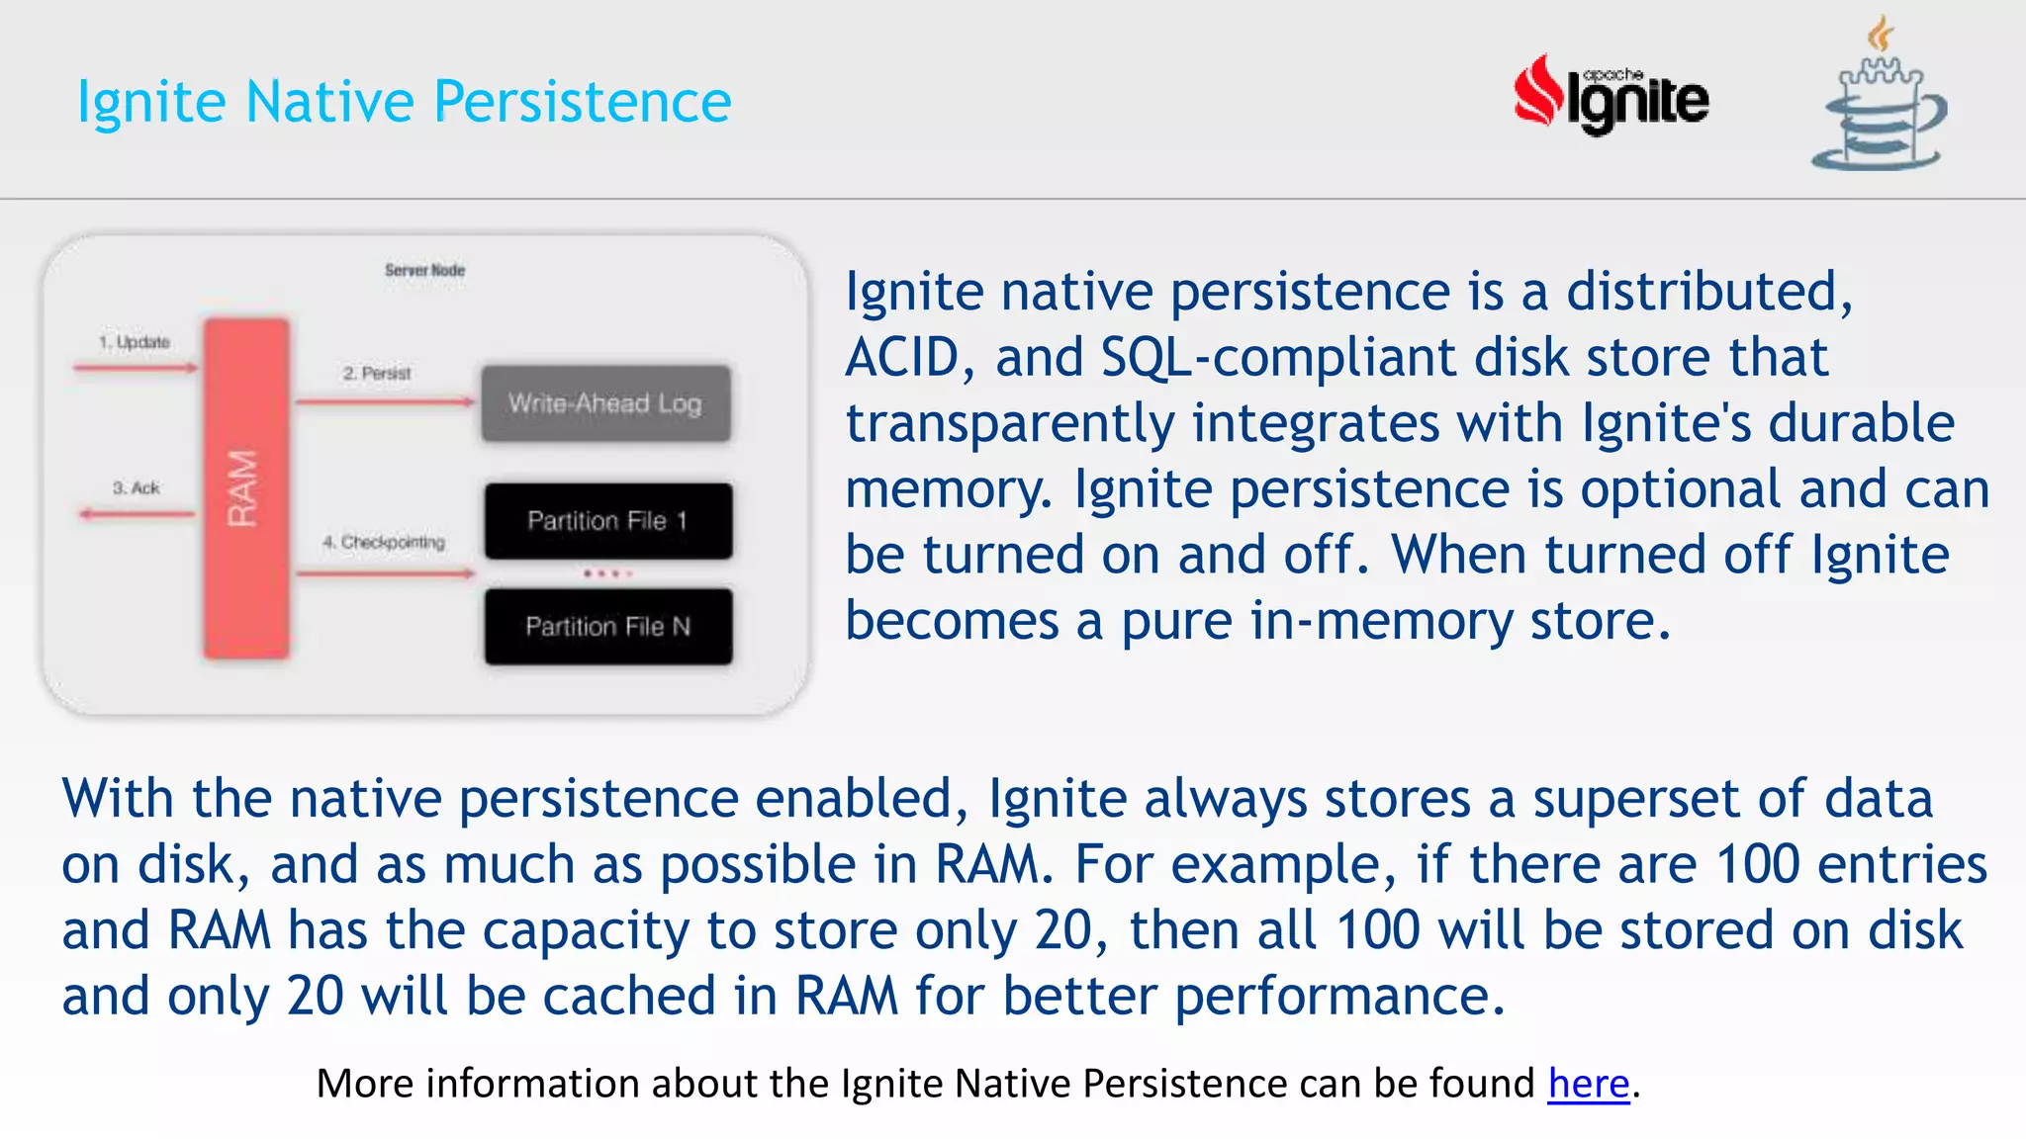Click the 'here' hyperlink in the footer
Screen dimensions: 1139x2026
pos(1588,1084)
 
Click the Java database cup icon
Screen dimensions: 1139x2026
pos(1880,99)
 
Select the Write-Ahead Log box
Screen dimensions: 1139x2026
pos(605,403)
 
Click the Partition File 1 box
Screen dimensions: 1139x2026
pos(607,521)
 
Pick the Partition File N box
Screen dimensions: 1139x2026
pos(607,627)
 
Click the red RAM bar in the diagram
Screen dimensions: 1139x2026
pos(245,488)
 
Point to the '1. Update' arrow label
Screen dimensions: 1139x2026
pos(134,342)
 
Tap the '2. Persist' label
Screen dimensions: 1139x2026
pos(376,374)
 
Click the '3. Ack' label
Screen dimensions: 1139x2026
pos(136,488)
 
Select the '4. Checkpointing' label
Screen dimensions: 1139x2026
pos(383,543)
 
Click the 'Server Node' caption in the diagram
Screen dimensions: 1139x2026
pos(424,270)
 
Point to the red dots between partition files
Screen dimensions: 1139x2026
pos(605,573)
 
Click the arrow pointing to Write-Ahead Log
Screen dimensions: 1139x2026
pos(386,401)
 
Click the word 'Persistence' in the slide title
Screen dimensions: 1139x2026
pos(582,102)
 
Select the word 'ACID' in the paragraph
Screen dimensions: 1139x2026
pos(902,358)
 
